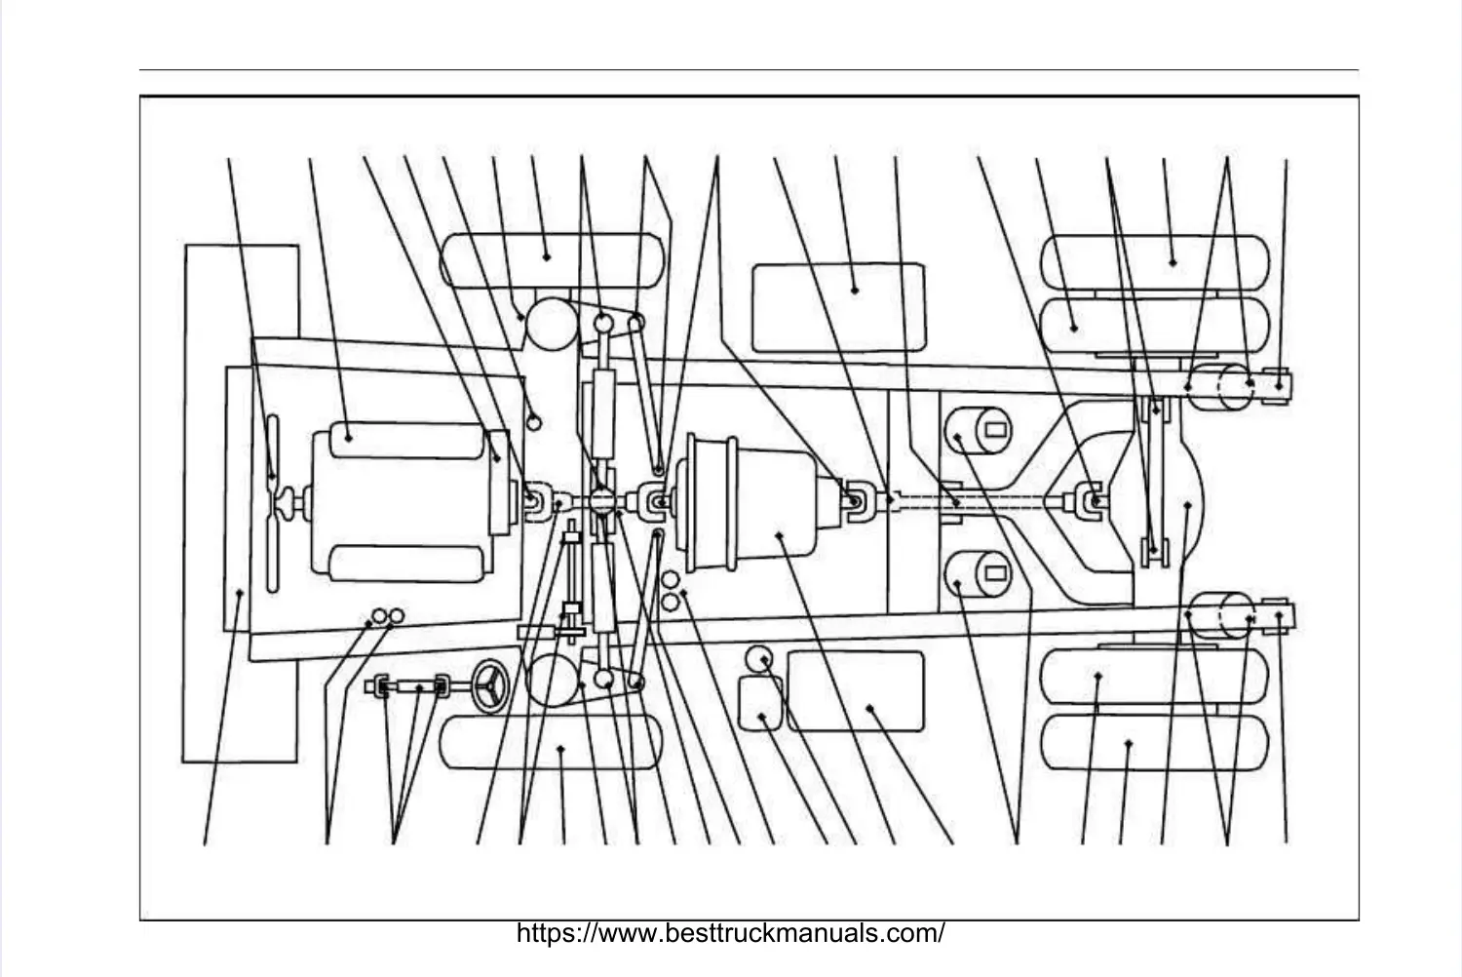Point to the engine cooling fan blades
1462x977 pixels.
(x=272, y=503)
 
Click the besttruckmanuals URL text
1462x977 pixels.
(x=730, y=933)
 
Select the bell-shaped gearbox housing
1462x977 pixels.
(x=760, y=503)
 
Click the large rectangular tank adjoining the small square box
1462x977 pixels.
(x=855, y=691)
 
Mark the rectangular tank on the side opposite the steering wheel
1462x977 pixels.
(x=838, y=305)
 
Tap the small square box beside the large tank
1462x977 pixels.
(x=760, y=704)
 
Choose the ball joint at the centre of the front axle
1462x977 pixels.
(x=601, y=503)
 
